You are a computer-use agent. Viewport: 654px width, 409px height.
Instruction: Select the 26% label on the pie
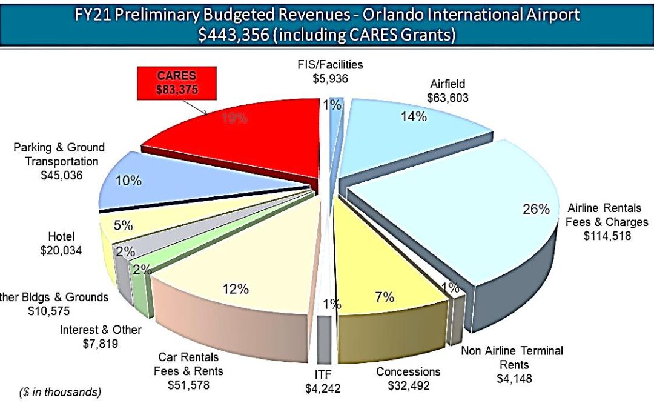[536, 209]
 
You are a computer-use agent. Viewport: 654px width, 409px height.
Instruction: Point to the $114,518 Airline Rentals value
[607, 236]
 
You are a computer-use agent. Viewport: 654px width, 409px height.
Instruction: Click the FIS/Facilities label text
[330, 65]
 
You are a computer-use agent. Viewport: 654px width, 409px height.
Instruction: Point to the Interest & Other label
[101, 330]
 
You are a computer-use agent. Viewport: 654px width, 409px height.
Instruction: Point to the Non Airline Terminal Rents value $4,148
[514, 379]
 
